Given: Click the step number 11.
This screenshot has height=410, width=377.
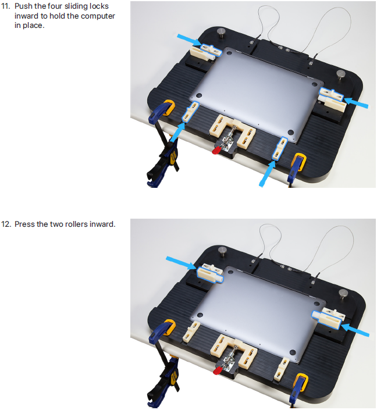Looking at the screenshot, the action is [x=5, y=6].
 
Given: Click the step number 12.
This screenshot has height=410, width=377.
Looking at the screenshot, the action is [x=6, y=224].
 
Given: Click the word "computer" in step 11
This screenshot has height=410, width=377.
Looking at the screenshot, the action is [x=98, y=16].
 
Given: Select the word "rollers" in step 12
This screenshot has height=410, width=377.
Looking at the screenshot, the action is [x=76, y=224].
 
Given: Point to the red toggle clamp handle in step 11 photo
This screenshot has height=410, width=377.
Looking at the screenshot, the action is [x=216, y=151].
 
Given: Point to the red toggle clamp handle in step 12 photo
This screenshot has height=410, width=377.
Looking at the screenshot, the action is [x=218, y=370].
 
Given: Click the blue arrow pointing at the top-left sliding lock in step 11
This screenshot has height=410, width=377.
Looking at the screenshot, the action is [x=190, y=40].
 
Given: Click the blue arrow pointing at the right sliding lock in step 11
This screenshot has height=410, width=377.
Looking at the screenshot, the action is [x=356, y=102].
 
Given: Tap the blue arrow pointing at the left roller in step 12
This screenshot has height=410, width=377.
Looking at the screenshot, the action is [x=182, y=263].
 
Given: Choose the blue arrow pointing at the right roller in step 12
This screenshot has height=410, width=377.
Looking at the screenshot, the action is [x=355, y=330].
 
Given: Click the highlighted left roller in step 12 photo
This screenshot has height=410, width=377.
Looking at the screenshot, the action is [x=210, y=275].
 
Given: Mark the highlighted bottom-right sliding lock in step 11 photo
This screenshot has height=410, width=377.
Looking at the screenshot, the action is [x=279, y=148].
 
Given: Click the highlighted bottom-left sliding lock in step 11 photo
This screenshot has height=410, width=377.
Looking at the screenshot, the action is [x=190, y=112].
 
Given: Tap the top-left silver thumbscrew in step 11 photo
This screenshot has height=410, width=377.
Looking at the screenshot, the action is [x=221, y=33].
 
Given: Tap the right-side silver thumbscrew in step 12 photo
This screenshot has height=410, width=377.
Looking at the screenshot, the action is [x=343, y=294].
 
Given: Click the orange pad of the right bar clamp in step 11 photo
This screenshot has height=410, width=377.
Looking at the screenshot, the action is [x=300, y=162].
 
